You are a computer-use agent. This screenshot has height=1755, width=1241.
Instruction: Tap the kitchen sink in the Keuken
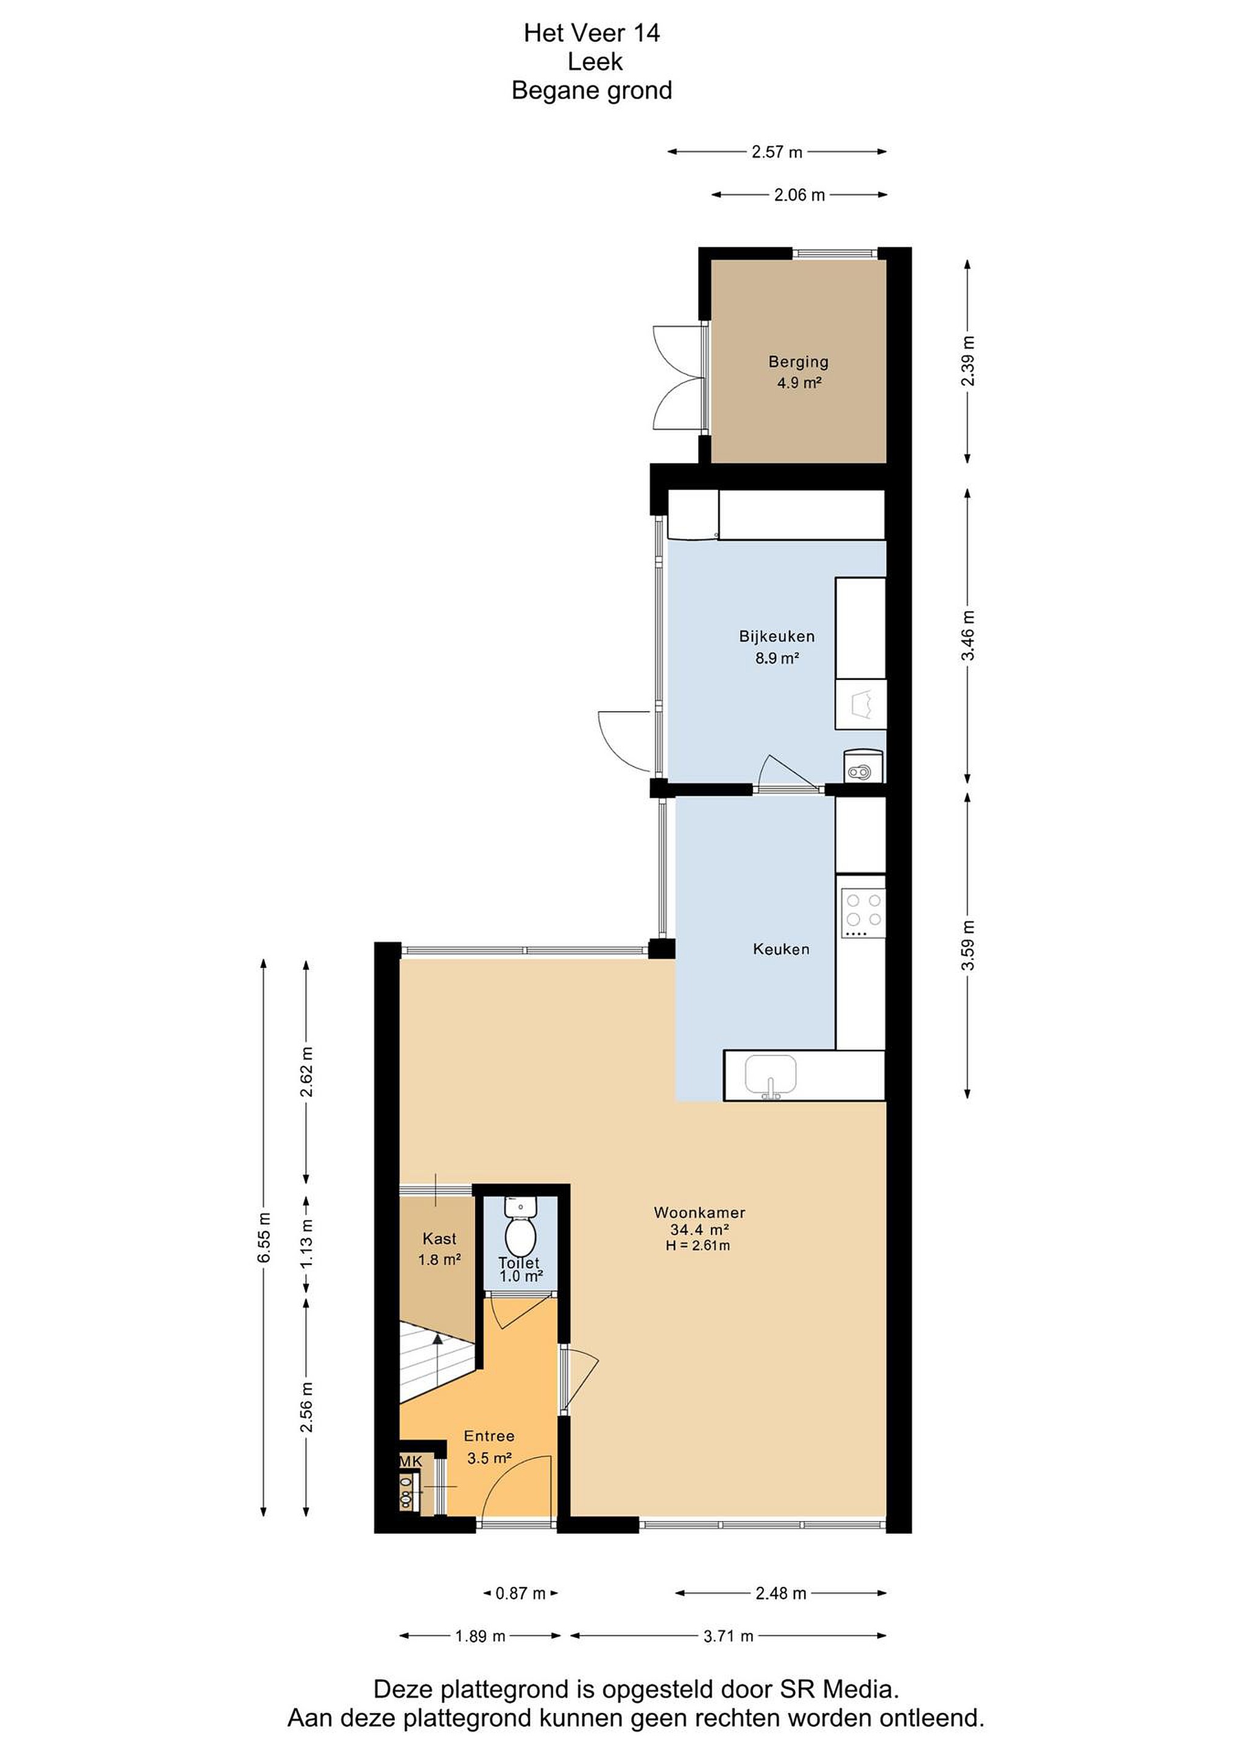coord(771,1076)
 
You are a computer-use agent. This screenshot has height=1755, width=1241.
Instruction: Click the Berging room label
coord(799,361)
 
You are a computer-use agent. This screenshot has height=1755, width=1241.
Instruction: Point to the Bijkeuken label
coord(776,636)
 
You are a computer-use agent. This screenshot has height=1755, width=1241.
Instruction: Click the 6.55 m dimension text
coord(264,1238)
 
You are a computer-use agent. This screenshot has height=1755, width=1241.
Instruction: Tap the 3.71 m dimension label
coord(728,1636)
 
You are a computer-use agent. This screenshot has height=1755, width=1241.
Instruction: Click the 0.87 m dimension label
coord(520,1593)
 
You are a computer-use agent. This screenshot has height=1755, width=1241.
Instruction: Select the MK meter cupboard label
coord(411,1461)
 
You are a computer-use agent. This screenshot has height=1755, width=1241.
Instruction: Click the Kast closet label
coord(439,1238)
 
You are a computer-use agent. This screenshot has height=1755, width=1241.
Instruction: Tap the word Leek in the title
coord(595,61)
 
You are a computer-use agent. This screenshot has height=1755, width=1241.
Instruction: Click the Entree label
coord(489,1436)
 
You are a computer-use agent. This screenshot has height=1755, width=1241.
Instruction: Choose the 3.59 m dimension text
coord(968,946)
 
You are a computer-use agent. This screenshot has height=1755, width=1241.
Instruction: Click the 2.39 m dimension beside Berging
coord(968,361)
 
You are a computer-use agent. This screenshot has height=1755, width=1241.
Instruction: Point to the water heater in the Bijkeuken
coord(863,766)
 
